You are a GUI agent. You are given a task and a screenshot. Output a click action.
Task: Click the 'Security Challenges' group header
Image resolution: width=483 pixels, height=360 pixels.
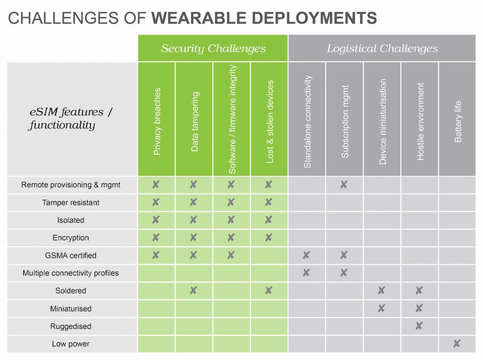click(213, 49)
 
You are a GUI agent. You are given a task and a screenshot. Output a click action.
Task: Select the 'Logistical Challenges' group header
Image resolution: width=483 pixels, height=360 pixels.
click(382, 49)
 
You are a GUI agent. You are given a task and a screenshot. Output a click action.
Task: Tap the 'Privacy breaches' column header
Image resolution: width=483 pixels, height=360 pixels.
click(157, 121)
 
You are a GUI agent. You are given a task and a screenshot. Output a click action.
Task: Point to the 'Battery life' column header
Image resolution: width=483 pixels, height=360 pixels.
click(458, 121)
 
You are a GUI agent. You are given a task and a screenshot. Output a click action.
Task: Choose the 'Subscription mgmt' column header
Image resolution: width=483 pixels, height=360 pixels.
click(345, 121)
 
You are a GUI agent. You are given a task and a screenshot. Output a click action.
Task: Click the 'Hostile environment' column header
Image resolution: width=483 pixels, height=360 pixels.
click(420, 121)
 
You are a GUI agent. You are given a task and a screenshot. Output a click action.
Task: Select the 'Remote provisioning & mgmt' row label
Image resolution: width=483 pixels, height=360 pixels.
click(71, 185)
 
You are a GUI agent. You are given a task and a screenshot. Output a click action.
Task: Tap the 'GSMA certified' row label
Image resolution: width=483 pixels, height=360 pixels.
click(71, 256)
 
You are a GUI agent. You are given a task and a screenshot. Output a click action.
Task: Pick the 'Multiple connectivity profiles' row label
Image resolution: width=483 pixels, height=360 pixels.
click(71, 273)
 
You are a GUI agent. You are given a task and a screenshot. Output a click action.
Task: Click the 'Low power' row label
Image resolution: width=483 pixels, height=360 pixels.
click(71, 344)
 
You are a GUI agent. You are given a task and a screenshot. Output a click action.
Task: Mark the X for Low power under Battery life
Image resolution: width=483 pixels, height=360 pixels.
click(457, 343)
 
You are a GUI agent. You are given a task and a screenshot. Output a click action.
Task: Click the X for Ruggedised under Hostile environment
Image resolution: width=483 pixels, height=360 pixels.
click(419, 326)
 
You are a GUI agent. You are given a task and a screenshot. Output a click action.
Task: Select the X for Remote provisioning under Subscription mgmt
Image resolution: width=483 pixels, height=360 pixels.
click(344, 184)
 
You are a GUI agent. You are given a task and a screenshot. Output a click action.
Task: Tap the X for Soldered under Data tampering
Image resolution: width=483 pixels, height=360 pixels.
click(193, 290)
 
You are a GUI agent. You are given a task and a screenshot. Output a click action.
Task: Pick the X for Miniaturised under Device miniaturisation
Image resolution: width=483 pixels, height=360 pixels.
click(381, 308)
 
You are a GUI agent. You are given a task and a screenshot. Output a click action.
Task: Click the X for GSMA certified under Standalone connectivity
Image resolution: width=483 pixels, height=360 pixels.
click(306, 255)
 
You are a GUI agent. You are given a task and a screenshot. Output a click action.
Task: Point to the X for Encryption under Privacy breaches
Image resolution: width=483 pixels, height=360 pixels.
click(156, 237)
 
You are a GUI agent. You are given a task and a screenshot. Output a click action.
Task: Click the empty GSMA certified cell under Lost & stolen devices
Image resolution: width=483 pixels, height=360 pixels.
click(269, 256)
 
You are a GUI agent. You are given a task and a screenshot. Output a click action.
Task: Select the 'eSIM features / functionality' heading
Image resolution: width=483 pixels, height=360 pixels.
click(71, 118)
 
